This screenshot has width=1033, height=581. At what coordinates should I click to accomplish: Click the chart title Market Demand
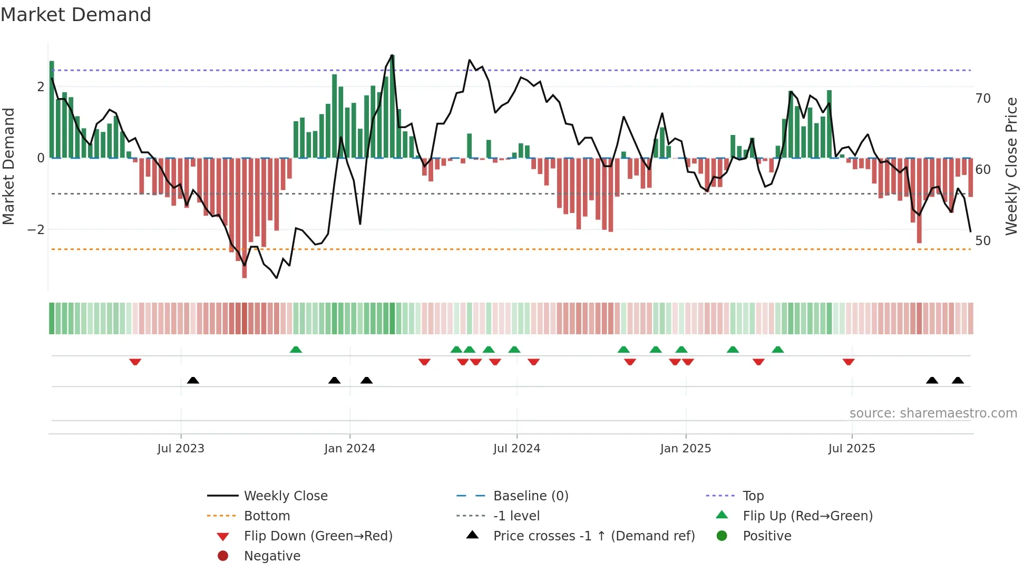click(76, 15)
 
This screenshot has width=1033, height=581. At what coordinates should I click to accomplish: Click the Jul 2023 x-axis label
click(181, 449)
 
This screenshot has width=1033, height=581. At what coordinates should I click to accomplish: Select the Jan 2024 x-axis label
click(349, 449)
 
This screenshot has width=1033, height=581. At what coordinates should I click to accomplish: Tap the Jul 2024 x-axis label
click(516, 449)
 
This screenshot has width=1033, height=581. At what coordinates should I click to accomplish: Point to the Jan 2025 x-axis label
click(685, 449)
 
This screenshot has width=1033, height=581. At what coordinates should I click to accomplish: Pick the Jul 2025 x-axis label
click(852, 449)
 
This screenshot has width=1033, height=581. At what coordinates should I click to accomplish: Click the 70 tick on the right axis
click(983, 99)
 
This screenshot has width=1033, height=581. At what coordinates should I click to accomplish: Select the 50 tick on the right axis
click(983, 241)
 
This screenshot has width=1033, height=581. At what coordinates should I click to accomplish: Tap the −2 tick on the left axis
click(36, 230)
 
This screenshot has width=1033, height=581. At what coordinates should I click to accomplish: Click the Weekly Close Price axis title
click(1011, 166)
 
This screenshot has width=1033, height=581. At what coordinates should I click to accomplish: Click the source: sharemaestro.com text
click(933, 413)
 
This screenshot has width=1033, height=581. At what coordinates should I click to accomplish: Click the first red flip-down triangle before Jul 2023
click(135, 362)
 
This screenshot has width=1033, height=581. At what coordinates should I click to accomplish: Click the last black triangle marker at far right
click(958, 380)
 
